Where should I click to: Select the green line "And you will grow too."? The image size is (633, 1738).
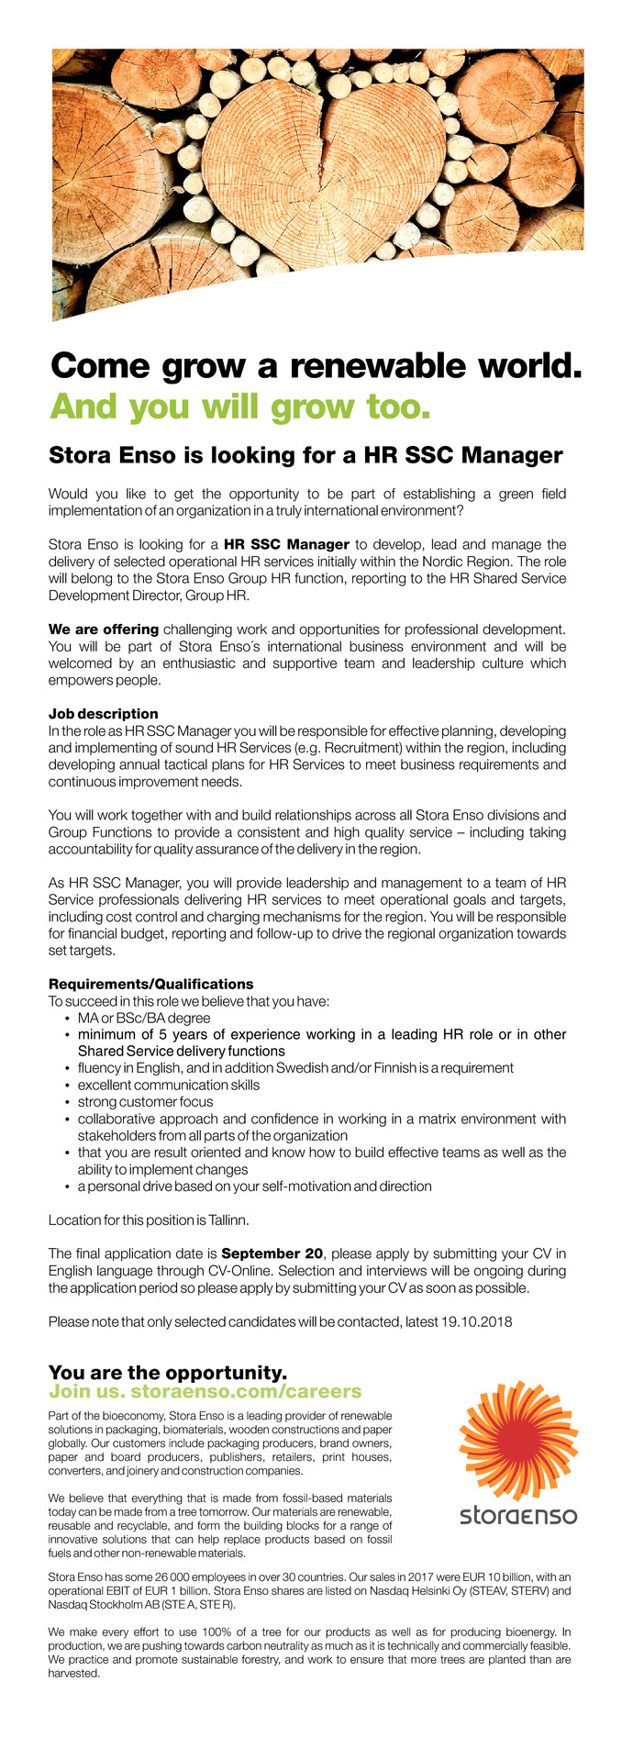239,407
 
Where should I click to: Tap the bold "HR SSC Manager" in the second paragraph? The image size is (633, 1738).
286,544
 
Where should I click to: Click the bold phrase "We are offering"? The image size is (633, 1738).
104,629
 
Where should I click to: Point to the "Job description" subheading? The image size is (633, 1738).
103,713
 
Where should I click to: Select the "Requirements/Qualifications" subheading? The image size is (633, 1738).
150,984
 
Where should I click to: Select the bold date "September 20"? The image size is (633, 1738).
272,1253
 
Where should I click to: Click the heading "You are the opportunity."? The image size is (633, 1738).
168,1373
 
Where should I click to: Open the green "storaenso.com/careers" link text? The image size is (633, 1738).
247,1391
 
